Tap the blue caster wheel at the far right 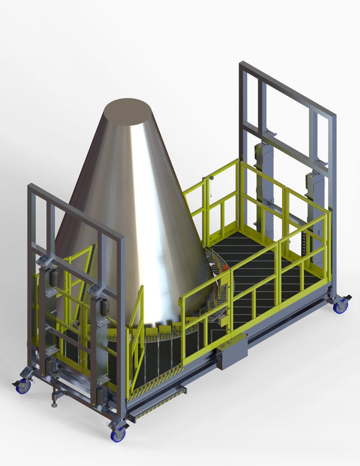pyautogui.click(x=341, y=307)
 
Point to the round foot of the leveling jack pyautogui.click(x=54, y=405)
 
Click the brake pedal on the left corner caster pyautogui.click(x=16, y=383)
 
